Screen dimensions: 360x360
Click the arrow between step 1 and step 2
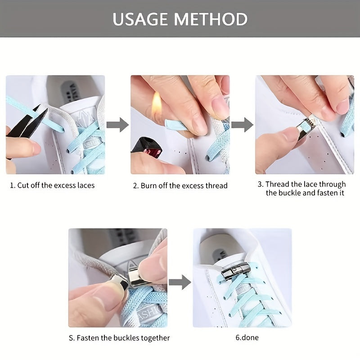(x=117, y=125)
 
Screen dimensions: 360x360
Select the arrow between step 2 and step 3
(x=243, y=125)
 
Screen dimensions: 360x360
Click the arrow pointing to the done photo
(x=180, y=282)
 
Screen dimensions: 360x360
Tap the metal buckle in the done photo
(x=234, y=272)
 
